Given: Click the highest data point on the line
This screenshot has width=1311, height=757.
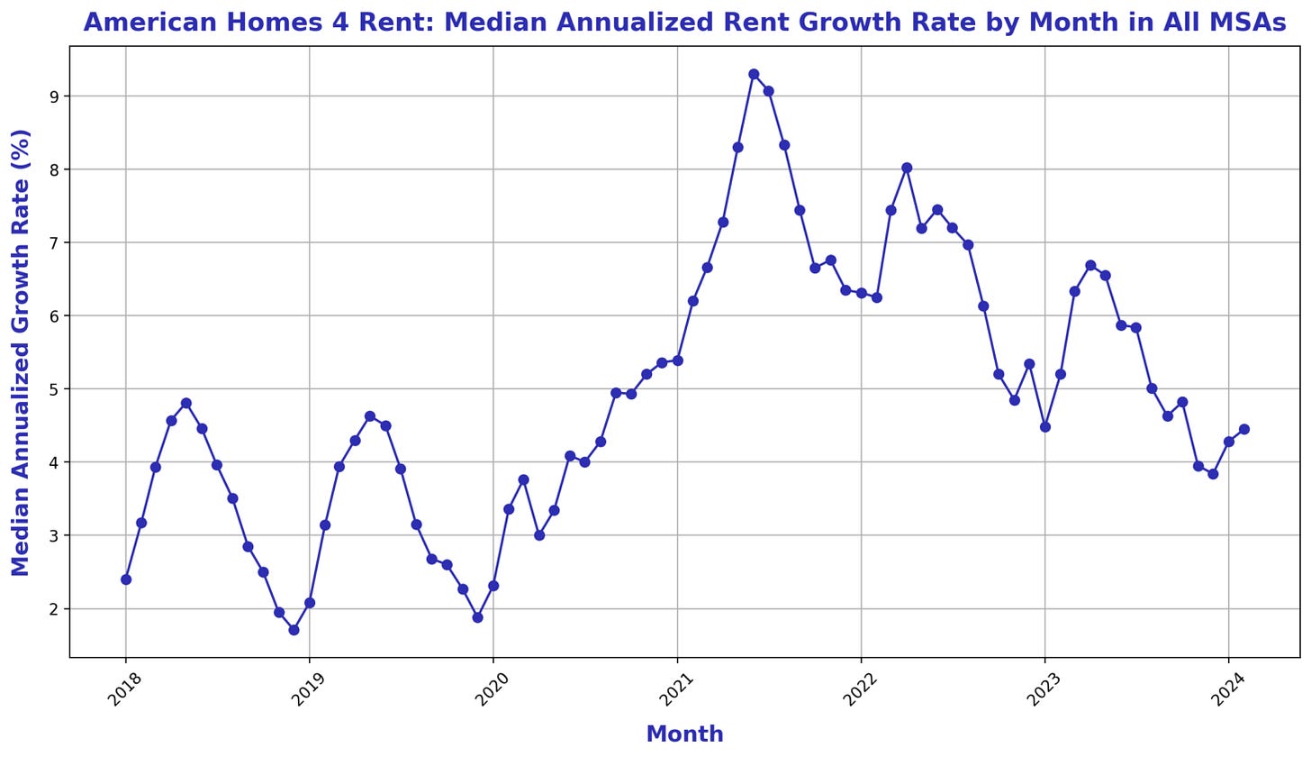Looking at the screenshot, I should (754, 74).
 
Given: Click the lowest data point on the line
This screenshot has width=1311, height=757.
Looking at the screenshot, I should (294, 630).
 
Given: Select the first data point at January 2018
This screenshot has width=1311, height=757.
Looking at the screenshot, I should (126, 579).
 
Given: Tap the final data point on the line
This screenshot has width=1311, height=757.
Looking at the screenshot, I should (1244, 429).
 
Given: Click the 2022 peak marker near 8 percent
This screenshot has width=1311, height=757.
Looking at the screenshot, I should (907, 168).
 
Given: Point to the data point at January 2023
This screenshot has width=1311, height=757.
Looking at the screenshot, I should (1045, 427).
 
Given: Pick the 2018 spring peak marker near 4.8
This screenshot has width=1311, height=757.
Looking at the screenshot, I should (186, 403).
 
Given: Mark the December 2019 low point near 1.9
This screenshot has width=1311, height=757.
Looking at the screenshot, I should (477, 617).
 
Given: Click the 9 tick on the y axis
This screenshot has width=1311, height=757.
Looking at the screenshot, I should (55, 96).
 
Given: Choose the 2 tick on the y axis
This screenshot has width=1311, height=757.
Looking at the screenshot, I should (55, 609).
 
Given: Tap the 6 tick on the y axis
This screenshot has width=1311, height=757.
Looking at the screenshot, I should (55, 316).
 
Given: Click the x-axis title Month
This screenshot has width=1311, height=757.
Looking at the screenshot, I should (684, 734).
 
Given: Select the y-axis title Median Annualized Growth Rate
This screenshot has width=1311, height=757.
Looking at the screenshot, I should (21, 351).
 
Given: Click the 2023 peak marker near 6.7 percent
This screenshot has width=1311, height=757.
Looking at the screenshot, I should (1090, 265).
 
